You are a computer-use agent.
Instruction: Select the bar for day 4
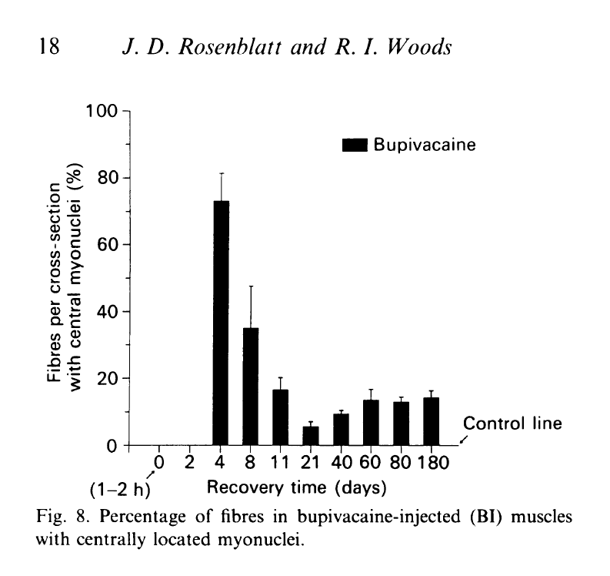pos(222,323)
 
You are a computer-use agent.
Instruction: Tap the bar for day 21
pos(311,436)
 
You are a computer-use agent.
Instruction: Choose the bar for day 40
pos(341,430)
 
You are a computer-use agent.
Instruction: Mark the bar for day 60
pos(371,423)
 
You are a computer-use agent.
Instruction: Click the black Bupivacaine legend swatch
pos(355,144)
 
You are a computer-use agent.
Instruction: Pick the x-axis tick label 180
pos(432,464)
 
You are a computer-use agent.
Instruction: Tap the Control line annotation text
pos(512,423)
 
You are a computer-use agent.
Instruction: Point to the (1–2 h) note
pos(124,490)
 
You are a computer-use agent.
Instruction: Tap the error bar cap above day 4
pos(222,174)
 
